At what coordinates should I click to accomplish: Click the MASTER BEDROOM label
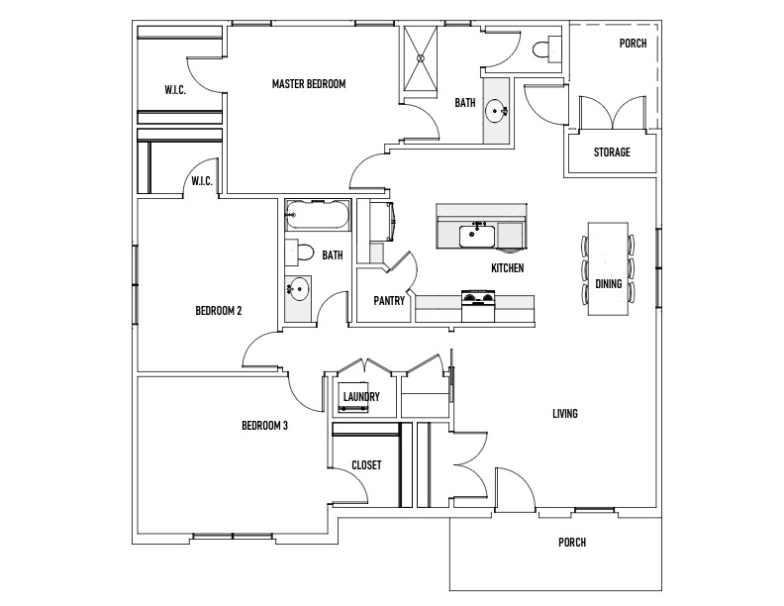(x=309, y=84)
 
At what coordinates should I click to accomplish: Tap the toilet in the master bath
(x=546, y=50)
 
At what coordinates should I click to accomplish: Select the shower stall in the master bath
(x=420, y=58)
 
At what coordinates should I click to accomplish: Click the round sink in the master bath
(x=497, y=110)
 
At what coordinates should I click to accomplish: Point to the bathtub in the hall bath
(x=317, y=215)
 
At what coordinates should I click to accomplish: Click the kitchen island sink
(x=477, y=235)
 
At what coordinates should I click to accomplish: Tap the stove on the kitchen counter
(x=478, y=306)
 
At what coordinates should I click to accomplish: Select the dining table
(x=608, y=269)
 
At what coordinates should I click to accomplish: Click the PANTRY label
(x=388, y=301)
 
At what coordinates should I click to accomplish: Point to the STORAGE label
(x=612, y=152)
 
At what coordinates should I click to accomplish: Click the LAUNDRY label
(x=361, y=396)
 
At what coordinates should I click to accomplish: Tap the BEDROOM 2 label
(x=219, y=311)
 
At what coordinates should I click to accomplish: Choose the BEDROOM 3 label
(x=264, y=426)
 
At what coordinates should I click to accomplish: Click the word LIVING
(x=565, y=414)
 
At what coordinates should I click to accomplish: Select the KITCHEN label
(x=508, y=268)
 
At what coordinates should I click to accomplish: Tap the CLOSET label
(x=366, y=465)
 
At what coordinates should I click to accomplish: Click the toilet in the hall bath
(x=299, y=252)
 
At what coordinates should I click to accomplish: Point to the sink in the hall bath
(x=298, y=288)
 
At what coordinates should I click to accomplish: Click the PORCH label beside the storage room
(x=633, y=44)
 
